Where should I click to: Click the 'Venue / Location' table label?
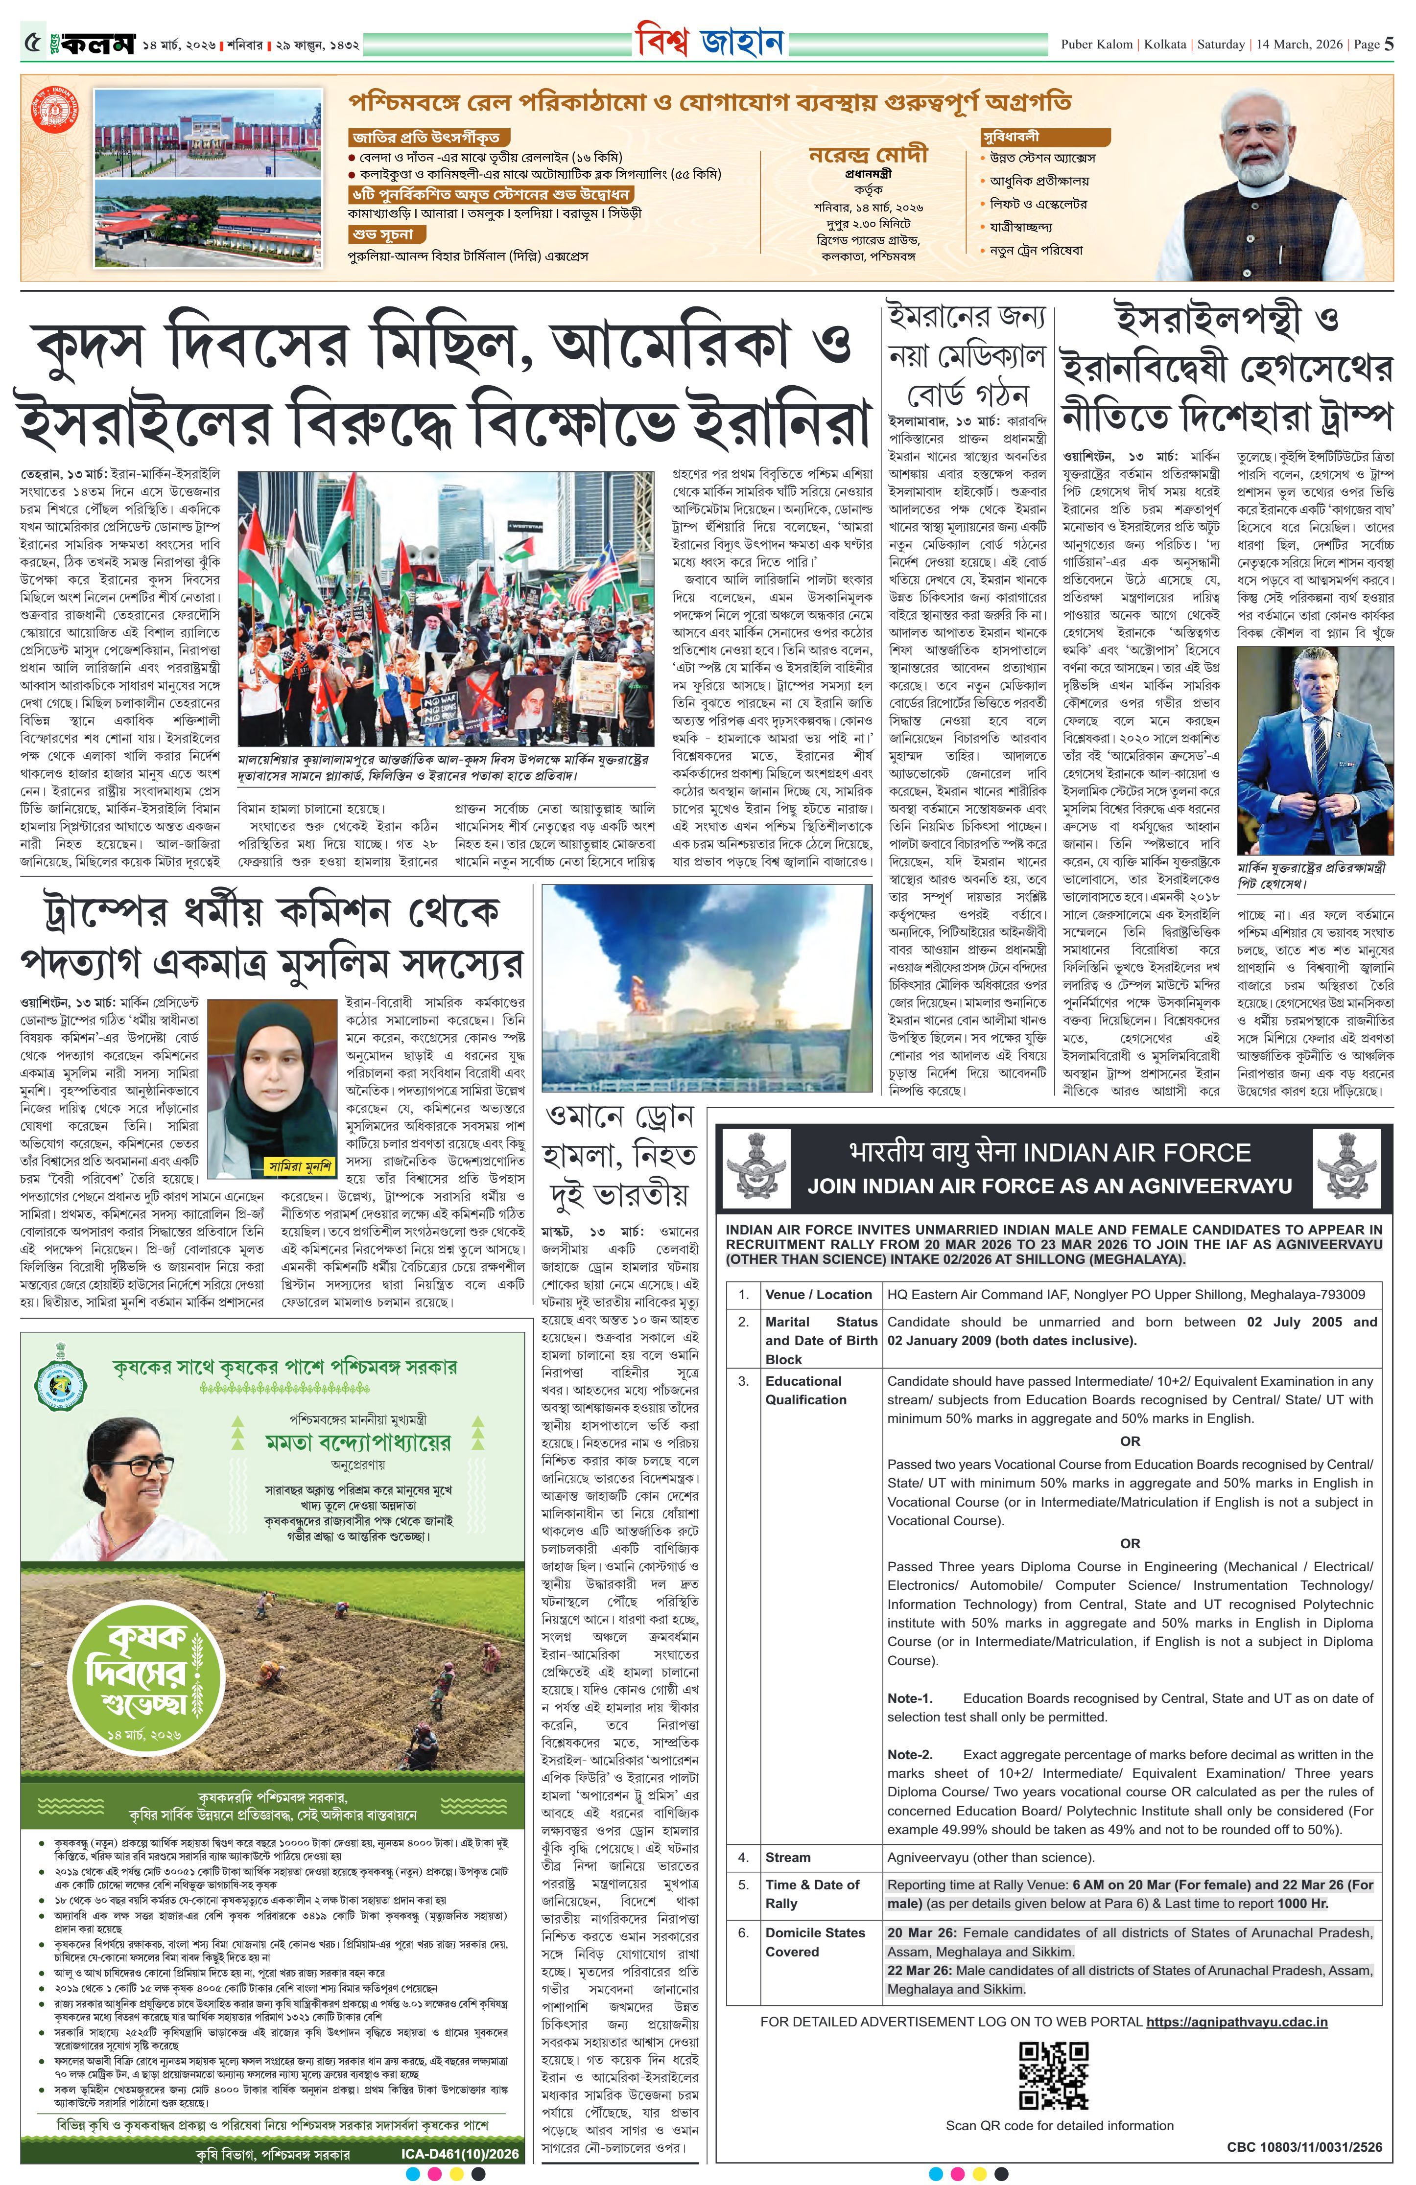818,1295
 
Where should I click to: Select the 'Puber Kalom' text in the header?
1096,44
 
